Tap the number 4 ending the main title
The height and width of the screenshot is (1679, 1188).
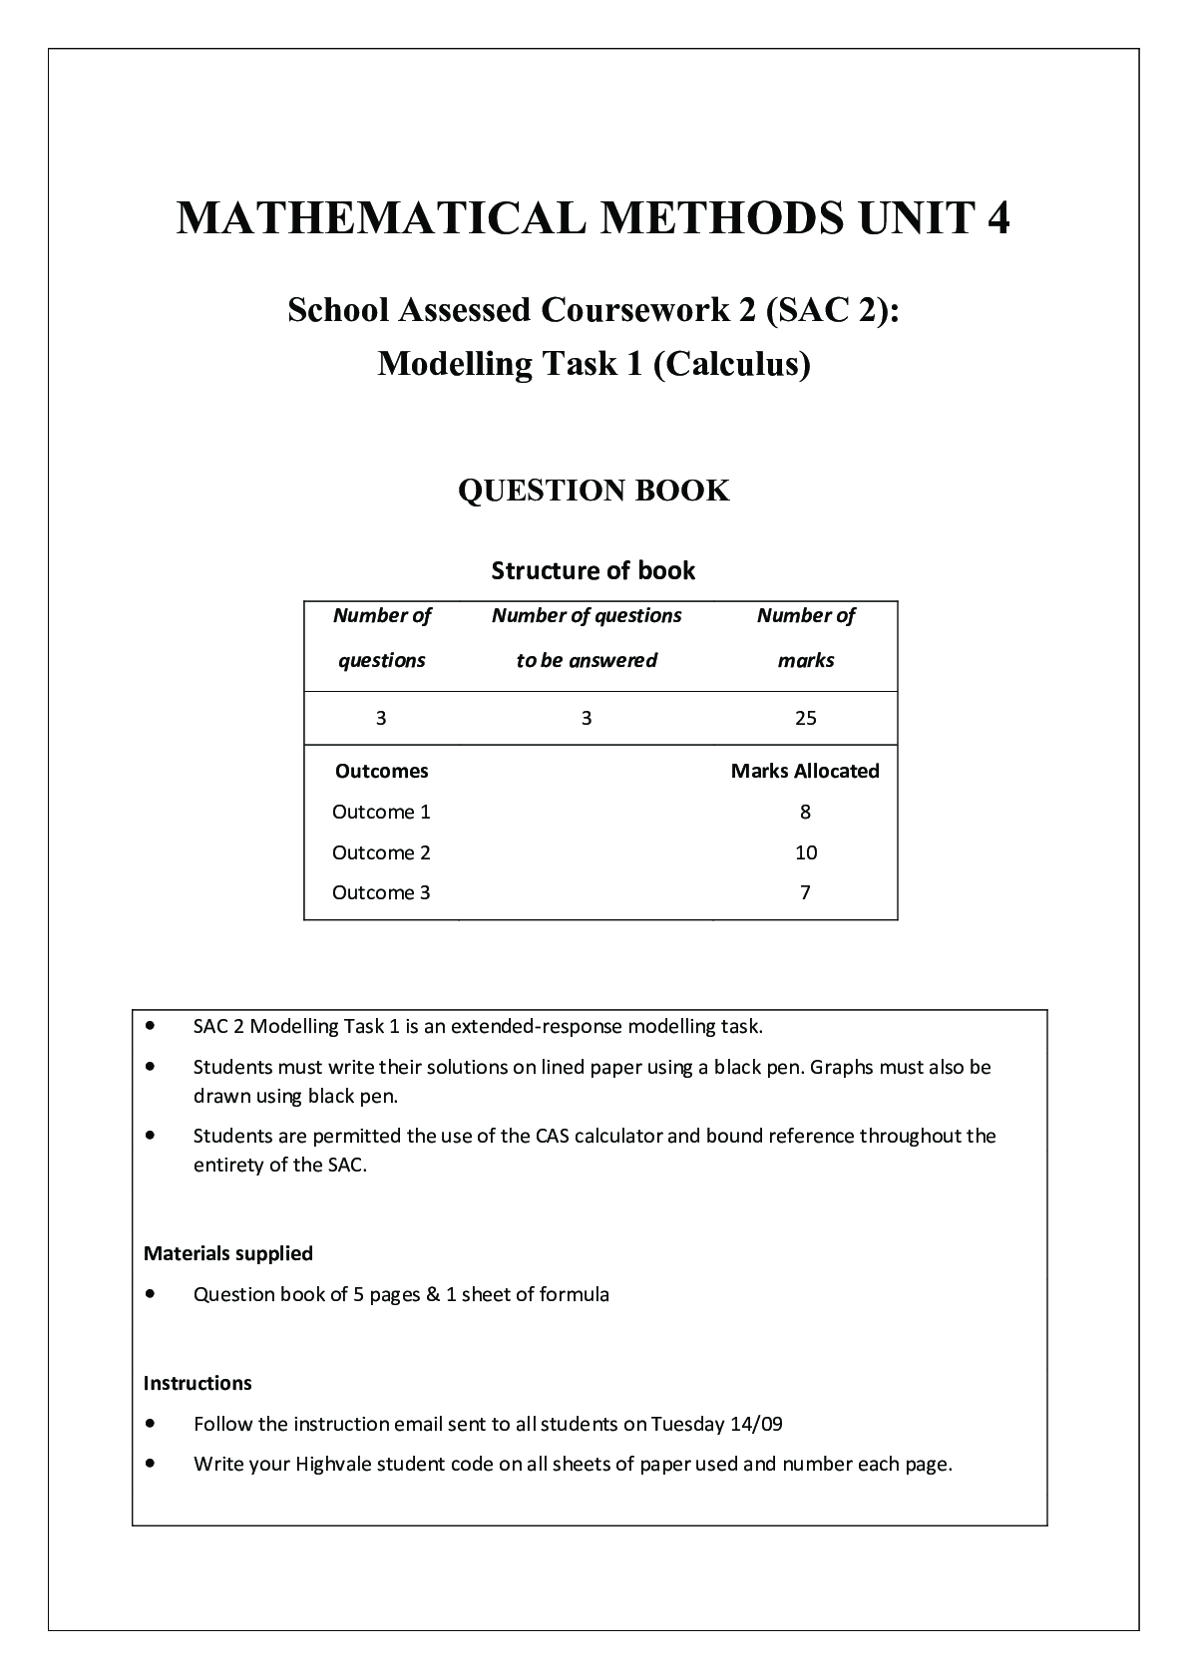[996, 218]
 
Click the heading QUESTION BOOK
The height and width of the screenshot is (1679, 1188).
[594, 491]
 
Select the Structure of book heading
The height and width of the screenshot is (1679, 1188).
[594, 570]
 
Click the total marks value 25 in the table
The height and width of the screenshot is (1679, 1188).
[806, 718]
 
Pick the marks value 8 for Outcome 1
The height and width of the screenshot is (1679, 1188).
[805, 812]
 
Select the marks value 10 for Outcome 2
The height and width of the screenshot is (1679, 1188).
[806, 852]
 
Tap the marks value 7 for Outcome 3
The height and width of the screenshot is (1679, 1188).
[805, 892]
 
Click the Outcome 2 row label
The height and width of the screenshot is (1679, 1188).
[381, 852]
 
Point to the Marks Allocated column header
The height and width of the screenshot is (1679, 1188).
[805, 771]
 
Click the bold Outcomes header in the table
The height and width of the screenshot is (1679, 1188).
[382, 771]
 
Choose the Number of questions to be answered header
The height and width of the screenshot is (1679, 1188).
[587, 637]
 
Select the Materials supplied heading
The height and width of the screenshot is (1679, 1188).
[228, 1253]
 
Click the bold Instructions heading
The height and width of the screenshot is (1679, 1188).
[198, 1383]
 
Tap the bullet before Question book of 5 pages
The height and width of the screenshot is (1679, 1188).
[151, 1294]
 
